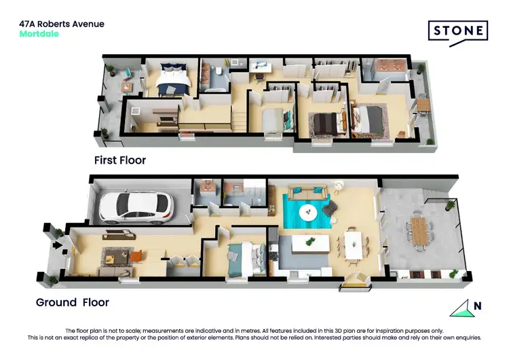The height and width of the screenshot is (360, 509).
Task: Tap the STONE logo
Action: pos(457,31)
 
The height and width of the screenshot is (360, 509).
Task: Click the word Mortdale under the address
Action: pos(39,34)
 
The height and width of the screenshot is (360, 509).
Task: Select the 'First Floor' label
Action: pos(119,160)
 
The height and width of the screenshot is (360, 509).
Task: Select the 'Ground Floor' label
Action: pos(72,302)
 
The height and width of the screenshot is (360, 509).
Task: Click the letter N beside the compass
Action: pos(478,306)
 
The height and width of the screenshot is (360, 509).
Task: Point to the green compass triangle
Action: pos(460,308)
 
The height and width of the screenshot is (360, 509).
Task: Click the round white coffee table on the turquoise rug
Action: pos(308,212)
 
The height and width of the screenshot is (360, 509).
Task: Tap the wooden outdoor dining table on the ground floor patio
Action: pos(421,230)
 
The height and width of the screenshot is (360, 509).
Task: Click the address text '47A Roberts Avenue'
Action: pos(62,24)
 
